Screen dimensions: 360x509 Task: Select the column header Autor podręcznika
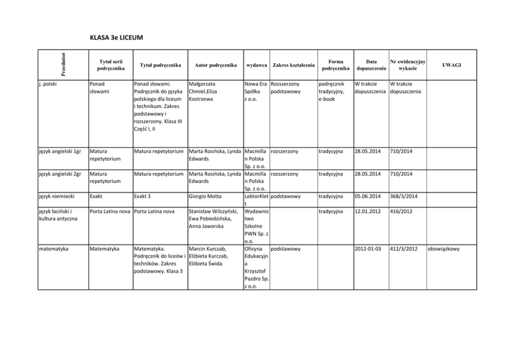pos(216,65)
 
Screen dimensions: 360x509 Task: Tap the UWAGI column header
pos(452,65)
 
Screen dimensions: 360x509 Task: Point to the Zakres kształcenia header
pos(293,65)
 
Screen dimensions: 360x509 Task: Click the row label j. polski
pos(49,83)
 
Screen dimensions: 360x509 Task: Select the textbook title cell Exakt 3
pos(143,196)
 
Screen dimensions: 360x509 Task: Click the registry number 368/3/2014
pos(403,196)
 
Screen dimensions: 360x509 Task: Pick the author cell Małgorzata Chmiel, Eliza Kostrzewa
pos(206,91)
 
